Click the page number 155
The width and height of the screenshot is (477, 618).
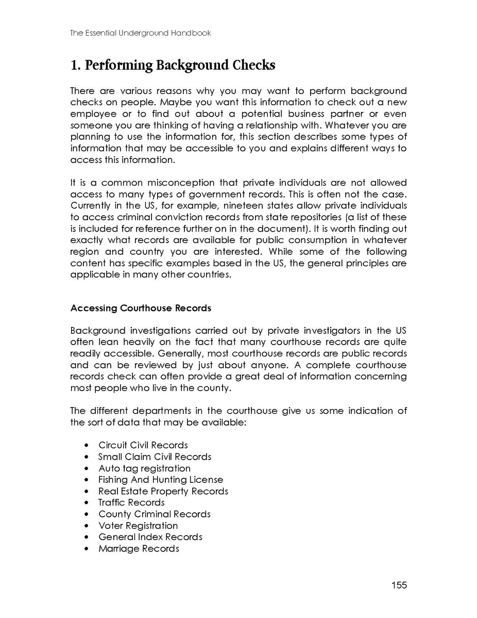399,585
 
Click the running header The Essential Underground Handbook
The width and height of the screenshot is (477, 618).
141,33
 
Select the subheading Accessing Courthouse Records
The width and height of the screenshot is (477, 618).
141,308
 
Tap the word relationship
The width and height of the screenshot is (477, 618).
301,125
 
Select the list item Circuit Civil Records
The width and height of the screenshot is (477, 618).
143,445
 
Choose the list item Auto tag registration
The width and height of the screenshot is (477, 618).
144,468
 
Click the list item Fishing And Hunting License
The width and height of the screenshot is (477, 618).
161,480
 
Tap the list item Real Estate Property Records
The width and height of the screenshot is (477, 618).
163,491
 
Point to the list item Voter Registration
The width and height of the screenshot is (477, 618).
138,526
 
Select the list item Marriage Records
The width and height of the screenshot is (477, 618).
139,548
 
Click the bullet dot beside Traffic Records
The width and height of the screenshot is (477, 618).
86,503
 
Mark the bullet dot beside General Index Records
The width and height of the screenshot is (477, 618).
86,538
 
